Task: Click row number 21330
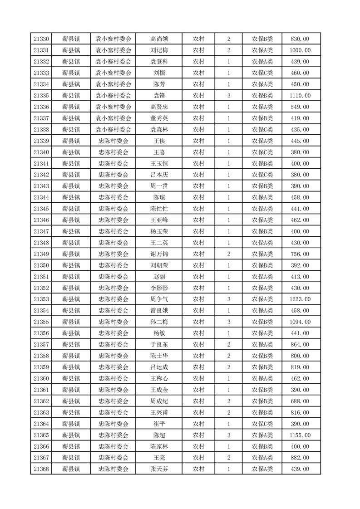pyautogui.click(x=41, y=39)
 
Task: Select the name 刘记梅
pyautogui.click(x=159, y=50)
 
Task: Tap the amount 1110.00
pyautogui.click(x=300, y=96)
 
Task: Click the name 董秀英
pyautogui.click(x=159, y=118)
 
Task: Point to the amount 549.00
pyautogui.click(x=300, y=107)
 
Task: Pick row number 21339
pyautogui.click(x=41, y=141)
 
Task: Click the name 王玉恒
pyautogui.click(x=159, y=164)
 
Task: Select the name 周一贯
pyautogui.click(x=159, y=186)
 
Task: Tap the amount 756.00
pyautogui.click(x=300, y=254)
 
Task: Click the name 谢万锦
pyautogui.click(x=159, y=254)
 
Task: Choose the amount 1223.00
pyautogui.click(x=300, y=299)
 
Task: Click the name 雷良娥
pyautogui.click(x=159, y=311)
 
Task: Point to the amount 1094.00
pyautogui.click(x=300, y=322)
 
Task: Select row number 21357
pyautogui.click(x=41, y=345)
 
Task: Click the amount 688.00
pyautogui.click(x=300, y=401)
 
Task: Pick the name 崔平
pyautogui.click(x=159, y=424)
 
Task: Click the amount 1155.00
pyautogui.click(x=300, y=435)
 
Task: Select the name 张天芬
pyautogui.click(x=159, y=469)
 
